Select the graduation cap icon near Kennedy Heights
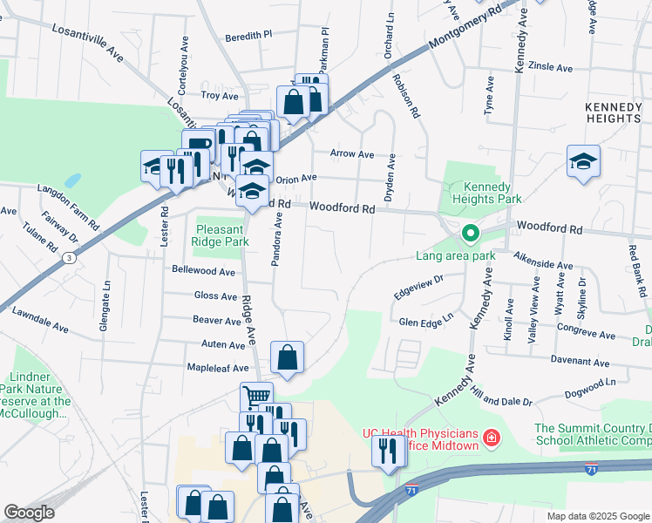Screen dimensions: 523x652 pos(583,162)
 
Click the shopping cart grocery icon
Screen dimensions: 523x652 pos(256,397)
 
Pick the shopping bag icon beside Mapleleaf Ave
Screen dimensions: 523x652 pos(287,357)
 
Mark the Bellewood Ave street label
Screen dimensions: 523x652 pos(204,272)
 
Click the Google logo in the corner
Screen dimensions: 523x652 pos(29,513)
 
